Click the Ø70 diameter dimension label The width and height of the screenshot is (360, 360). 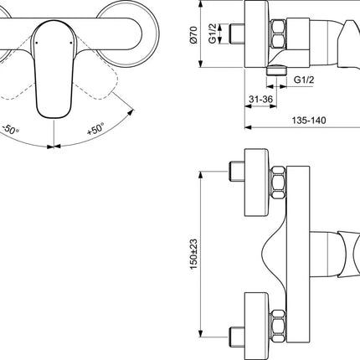194,34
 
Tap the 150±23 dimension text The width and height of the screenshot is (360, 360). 193,254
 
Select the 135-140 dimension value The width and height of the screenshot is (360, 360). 309,121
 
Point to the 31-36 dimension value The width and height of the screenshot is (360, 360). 260,99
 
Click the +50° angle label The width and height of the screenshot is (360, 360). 95,129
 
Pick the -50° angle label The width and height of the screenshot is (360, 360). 11,130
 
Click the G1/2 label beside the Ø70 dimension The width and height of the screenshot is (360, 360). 213,33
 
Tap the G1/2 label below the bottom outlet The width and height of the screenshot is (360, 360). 304,80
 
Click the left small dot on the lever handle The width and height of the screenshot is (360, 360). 36,43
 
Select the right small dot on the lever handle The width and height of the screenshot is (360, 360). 71,43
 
